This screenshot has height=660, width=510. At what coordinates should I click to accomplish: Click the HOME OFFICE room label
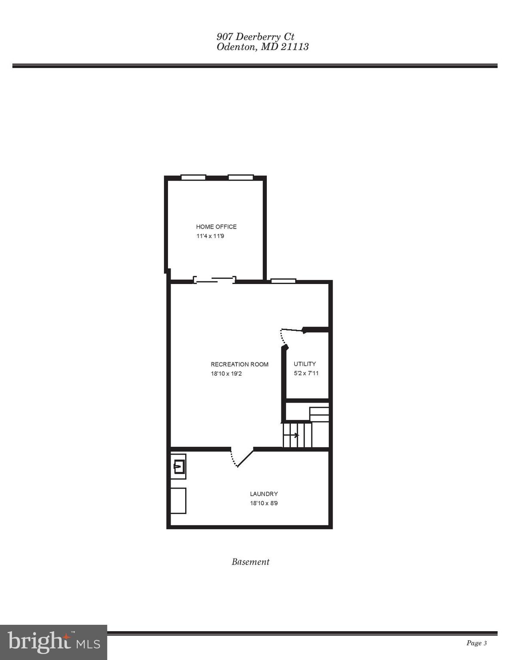pos(216,226)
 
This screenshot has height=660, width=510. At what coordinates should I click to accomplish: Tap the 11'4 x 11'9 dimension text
pos(210,236)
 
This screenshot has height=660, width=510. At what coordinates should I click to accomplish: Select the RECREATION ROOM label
pos(239,364)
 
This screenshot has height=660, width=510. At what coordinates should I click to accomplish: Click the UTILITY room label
pos(305,364)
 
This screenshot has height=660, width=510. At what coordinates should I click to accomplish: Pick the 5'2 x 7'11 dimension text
pos(306,373)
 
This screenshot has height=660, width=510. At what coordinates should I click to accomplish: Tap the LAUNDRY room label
pos(264,494)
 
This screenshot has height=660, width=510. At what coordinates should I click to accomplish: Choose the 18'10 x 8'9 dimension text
pos(264,503)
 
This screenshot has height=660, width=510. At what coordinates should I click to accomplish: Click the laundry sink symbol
pos(179,466)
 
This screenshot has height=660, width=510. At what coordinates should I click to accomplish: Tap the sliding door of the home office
pos(214,280)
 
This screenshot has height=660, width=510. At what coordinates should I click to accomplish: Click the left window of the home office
pos(193,177)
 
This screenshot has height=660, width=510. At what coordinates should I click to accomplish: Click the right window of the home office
pos(241,177)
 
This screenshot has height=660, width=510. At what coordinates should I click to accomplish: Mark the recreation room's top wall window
pos(283,281)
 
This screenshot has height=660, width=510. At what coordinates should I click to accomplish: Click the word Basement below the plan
pos(250,562)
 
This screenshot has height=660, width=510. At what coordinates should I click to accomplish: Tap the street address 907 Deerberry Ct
pos(255,37)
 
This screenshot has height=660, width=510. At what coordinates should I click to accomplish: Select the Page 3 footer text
pos(476,643)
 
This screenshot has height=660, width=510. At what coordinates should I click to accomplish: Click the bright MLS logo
pos(53,642)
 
